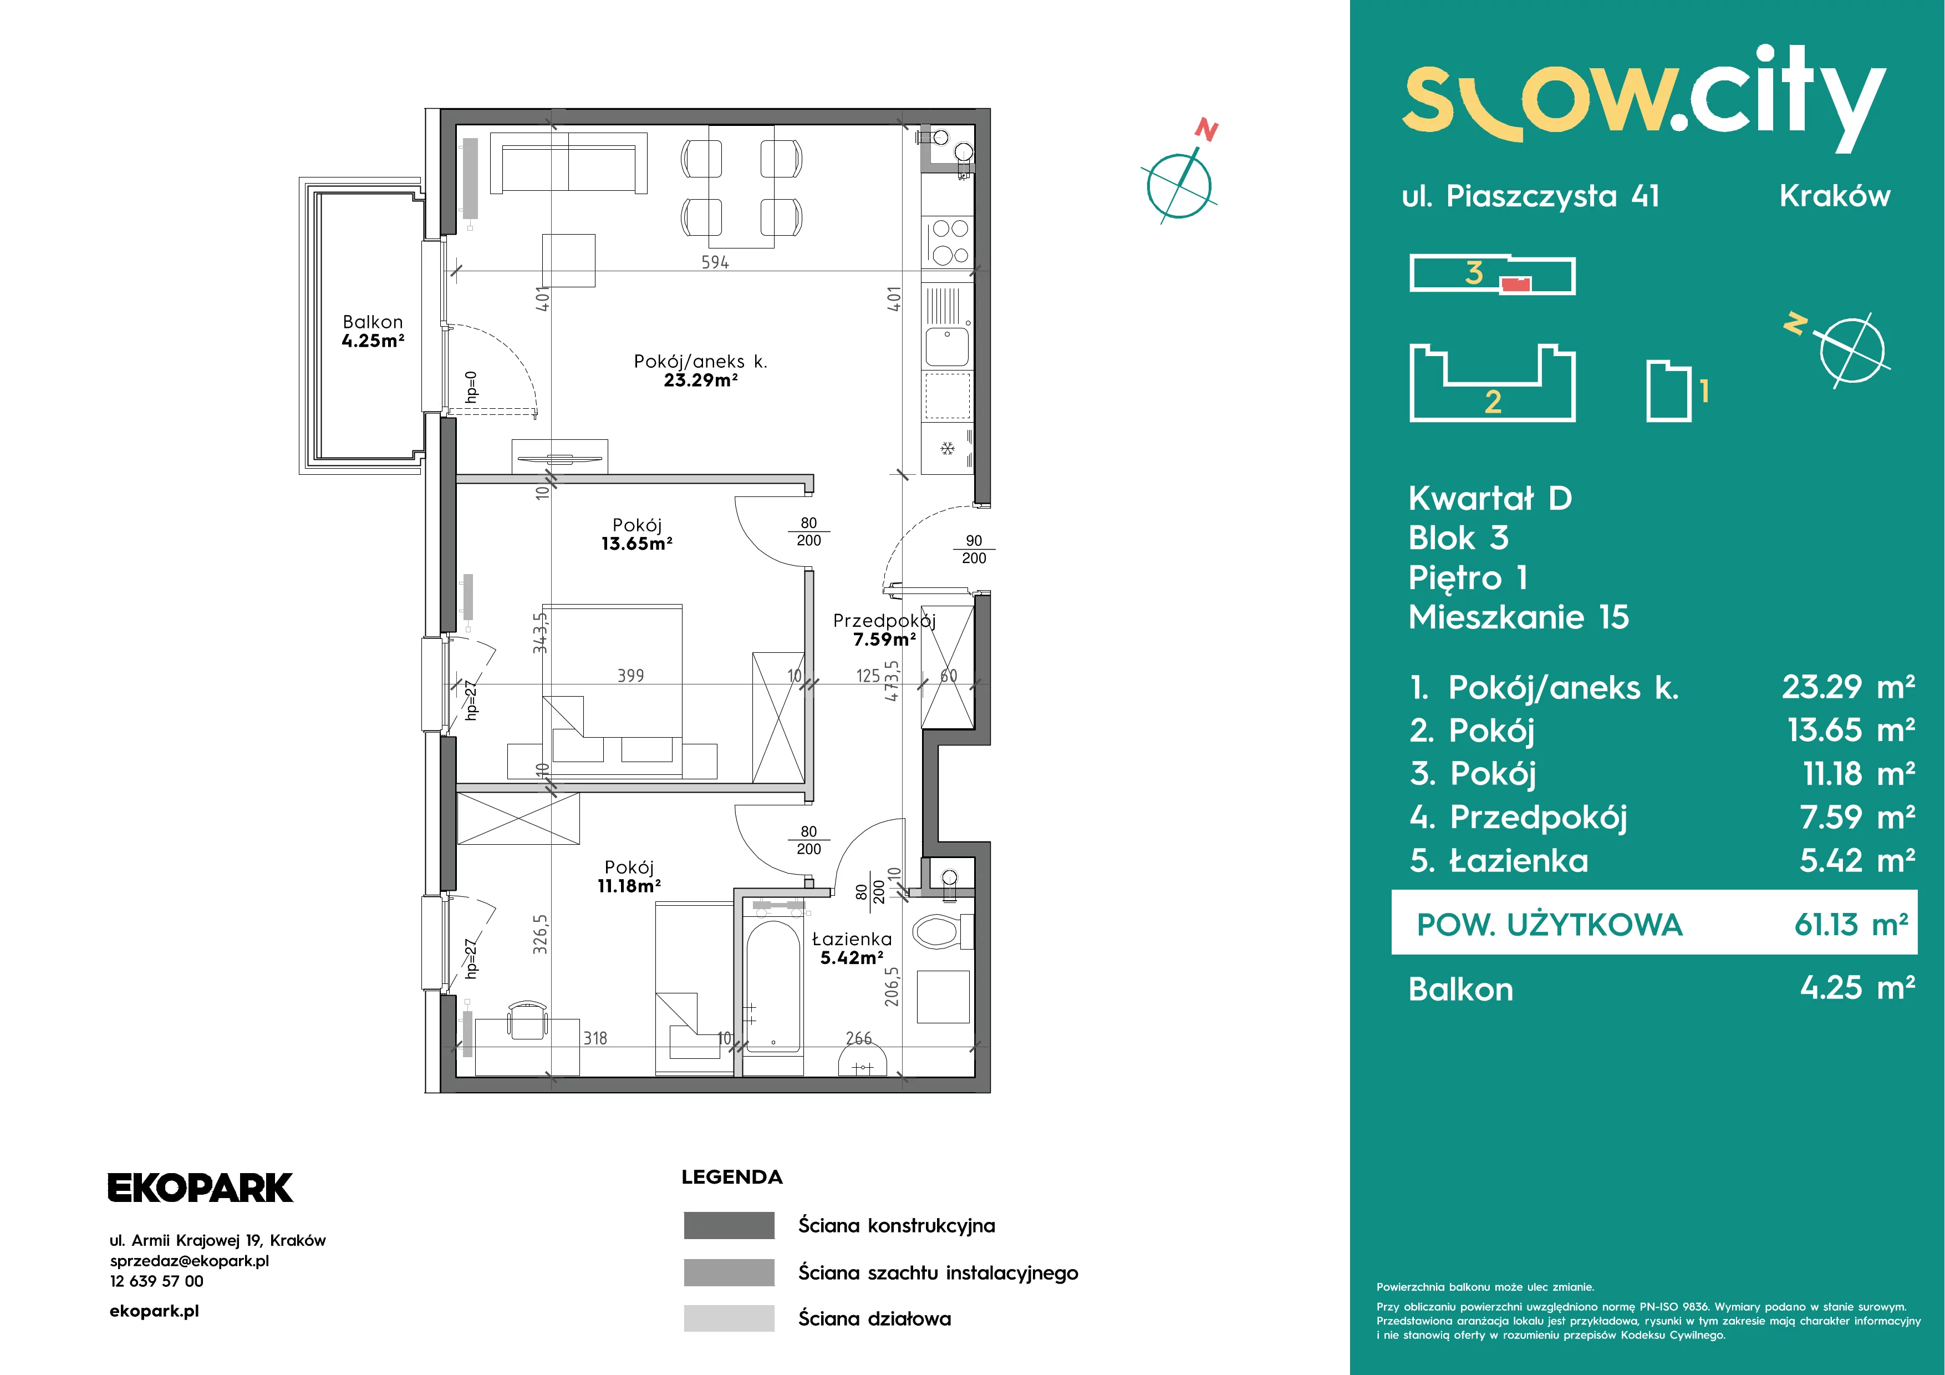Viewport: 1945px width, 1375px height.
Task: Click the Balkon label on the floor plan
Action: pyautogui.click(x=373, y=322)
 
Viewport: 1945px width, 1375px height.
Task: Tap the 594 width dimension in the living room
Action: pyautogui.click(x=715, y=262)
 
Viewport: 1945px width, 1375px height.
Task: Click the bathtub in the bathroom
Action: pyautogui.click(x=772, y=987)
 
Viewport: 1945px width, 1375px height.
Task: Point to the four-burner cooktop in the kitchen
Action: pyautogui.click(x=949, y=241)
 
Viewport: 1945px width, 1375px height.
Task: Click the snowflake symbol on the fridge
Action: pyautogui.click(x=947, y=447)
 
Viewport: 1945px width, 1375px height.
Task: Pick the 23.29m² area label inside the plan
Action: pyautogui.click(x=701, y=380)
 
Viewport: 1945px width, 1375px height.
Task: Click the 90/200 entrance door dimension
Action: pyautogui.click(x=974, y=549)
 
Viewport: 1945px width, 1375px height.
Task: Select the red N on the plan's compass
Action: pyautogui.click(x=1206, y=130)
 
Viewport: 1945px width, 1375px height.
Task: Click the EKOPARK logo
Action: pyautogui.click(x=200, y=1188)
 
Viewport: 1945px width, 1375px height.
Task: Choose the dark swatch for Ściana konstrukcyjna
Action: pyautogui.click(x=729, y=1225)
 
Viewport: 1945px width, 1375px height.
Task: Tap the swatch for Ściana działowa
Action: pyautogui.click(x=729, y=1318)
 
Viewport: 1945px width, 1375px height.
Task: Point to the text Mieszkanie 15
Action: pyautogui.click(x=1518, y=617)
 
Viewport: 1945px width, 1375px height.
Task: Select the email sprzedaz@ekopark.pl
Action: pyautogui.click(x=189, y=1261)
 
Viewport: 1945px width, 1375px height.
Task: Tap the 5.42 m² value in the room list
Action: pyautogui.click(x=1857, y=861)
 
